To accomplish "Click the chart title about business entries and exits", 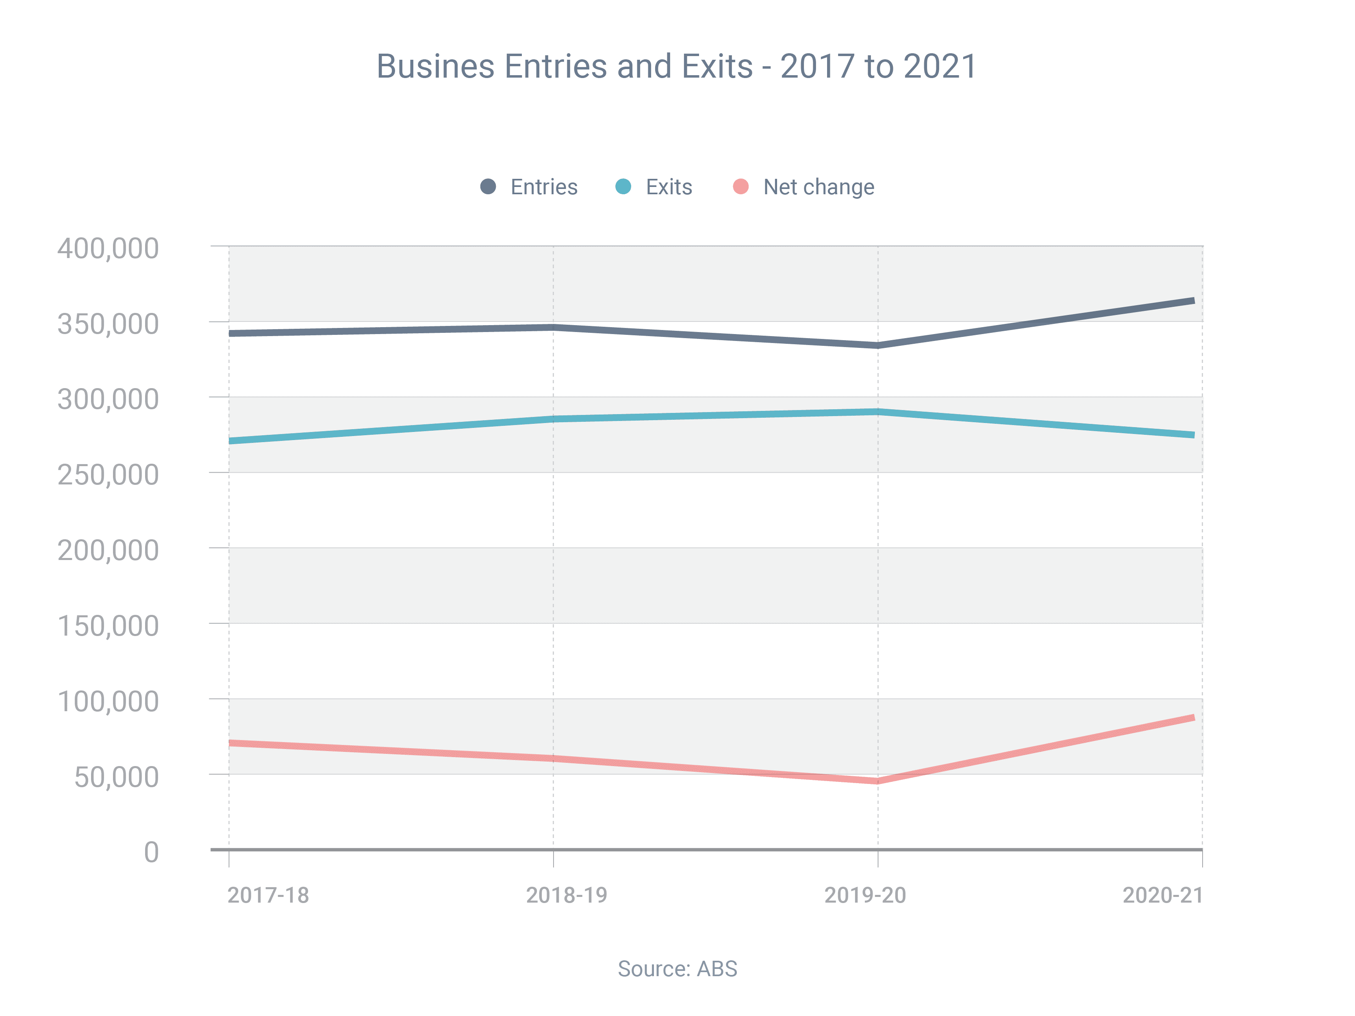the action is tap(676, 66).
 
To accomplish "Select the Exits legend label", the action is tap(669, 187).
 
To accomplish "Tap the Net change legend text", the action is tap(819, 187).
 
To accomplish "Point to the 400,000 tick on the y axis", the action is tap(108, 249).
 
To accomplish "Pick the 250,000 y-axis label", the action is tap(108, 475).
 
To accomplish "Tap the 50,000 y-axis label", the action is tap(116, 777).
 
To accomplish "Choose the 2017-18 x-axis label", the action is tap(268, 895).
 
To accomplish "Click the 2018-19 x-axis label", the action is tap(567, 895).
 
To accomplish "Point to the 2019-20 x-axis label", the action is tap(865, 895).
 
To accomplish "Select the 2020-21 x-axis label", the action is tap(1163, 895).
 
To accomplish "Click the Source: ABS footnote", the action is tap(677, 969).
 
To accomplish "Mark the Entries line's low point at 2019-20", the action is tap(878, 345).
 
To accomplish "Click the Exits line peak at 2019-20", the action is tap(878, 412).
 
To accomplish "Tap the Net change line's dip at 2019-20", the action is tap(878, 781).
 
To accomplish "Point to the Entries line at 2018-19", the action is tap(553, 327).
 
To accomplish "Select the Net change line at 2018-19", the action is tap(553, 759).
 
